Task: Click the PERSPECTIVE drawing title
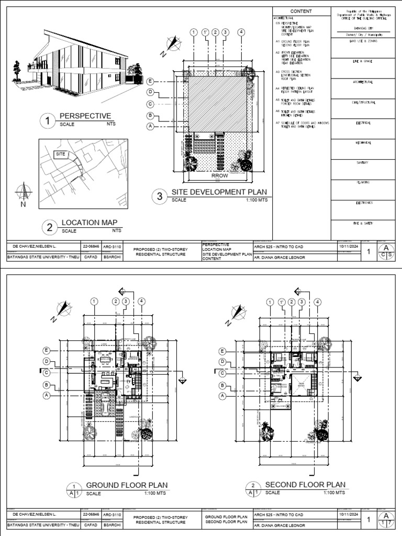(85, 116)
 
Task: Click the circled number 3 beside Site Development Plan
(159, 197)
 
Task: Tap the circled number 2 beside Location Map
(50, 227)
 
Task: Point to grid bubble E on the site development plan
(150, 81)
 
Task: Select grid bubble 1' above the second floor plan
(282, 301)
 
